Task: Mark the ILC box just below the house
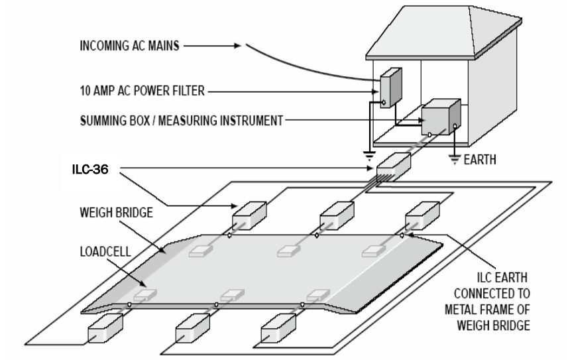[394, 164]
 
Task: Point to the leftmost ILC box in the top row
[249, 213]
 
